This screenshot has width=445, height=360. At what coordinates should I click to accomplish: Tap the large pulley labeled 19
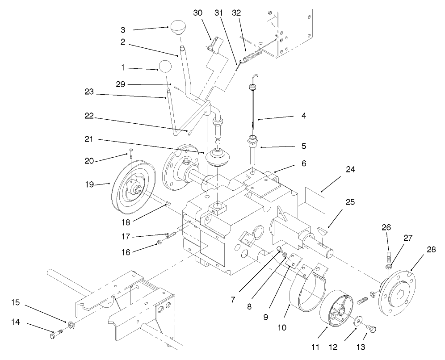[132, 186]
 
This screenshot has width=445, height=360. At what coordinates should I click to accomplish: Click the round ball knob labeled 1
[165, 67]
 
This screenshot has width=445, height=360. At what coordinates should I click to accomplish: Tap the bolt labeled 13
[370, 330]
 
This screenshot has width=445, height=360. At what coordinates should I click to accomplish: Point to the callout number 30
[198, 13]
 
